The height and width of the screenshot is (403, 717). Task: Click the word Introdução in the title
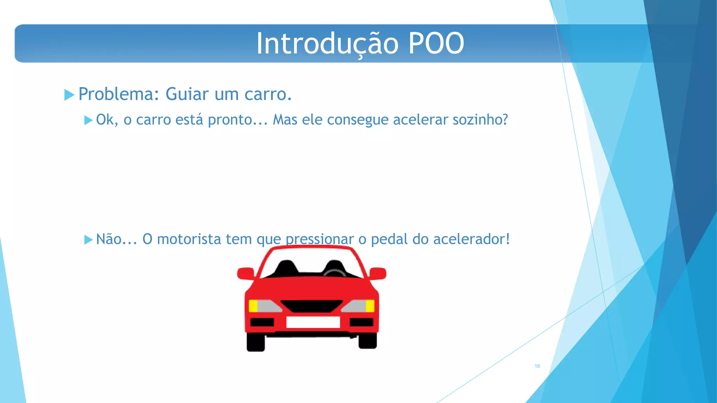pos(327,43)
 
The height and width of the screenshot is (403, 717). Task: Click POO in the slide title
pos(436,43)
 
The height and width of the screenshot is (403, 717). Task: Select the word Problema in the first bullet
pos(116,94)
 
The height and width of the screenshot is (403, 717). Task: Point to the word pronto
pos(230,120)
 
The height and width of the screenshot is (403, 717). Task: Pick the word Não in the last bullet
pos(109,239)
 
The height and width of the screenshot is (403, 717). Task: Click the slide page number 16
pos(537,366)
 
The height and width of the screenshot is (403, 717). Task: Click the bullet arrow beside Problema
pos(69,95)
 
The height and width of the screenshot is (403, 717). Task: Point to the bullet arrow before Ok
pos(88,120)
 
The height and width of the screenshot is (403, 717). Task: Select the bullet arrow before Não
pos(88,240)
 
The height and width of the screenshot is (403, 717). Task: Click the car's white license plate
pos(313,322)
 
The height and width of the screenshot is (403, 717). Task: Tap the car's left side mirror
pos(246,273)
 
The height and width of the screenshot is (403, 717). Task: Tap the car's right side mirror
pos(378,273)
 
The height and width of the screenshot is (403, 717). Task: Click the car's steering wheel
pos(334,272)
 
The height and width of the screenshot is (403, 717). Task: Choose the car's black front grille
pos(312,306)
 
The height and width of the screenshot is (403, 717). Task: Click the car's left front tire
pos(256,342)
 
